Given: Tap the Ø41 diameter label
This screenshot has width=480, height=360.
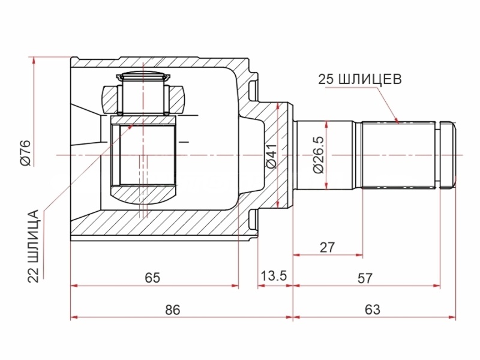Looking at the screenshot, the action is pos(271,155).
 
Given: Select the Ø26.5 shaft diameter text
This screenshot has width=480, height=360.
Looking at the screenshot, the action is pos(318,155).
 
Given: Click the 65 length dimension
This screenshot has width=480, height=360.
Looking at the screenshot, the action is pos(152,277).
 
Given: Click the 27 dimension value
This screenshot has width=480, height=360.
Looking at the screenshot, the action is pos(328,247).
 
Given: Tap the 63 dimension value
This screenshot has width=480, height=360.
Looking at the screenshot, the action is pos(372,310).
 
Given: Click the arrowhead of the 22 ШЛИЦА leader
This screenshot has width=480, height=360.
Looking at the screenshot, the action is pos(131,125).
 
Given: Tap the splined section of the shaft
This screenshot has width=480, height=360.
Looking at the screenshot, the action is pos(398,155).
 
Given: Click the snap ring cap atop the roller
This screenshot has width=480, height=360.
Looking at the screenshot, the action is pos(143,77).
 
